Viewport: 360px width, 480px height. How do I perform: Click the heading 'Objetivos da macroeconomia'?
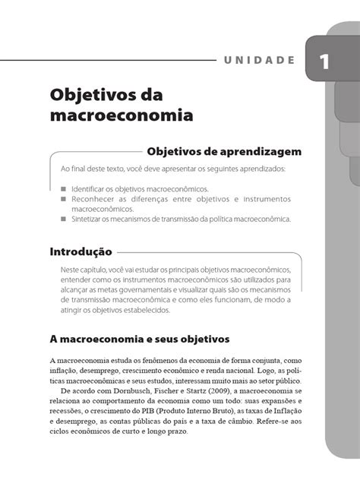[x=122, y=106]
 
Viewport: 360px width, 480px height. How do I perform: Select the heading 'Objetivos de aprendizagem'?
[x=219, y=151]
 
